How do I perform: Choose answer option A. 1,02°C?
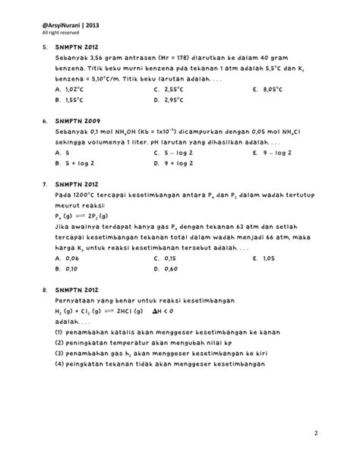tap(74, 89)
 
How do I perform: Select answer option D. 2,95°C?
tap(171, 100)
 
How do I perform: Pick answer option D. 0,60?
tap(166, 269)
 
